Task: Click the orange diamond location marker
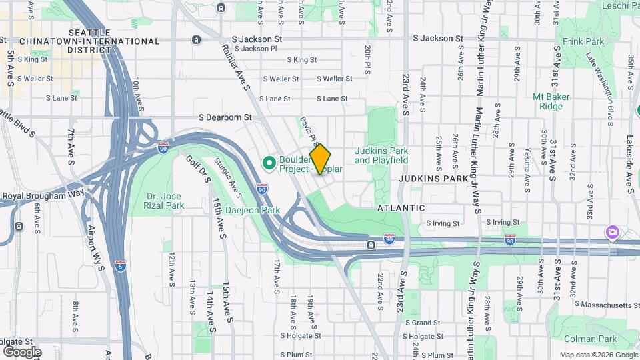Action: (x=321, y=159)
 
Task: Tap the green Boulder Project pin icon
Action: (x=269, y=163)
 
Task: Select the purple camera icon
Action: (x=612, y=231)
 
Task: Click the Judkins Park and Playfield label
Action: (x=381, y=155)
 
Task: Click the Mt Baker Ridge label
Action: (x=551, y=101)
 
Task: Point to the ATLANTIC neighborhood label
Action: (x=401, y=208)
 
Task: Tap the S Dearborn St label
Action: (x=224, y=117)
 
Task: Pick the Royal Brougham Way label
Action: (x=43, y=195)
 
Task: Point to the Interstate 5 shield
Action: (x=120, y=265)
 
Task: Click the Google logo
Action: (x=22, y=351)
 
